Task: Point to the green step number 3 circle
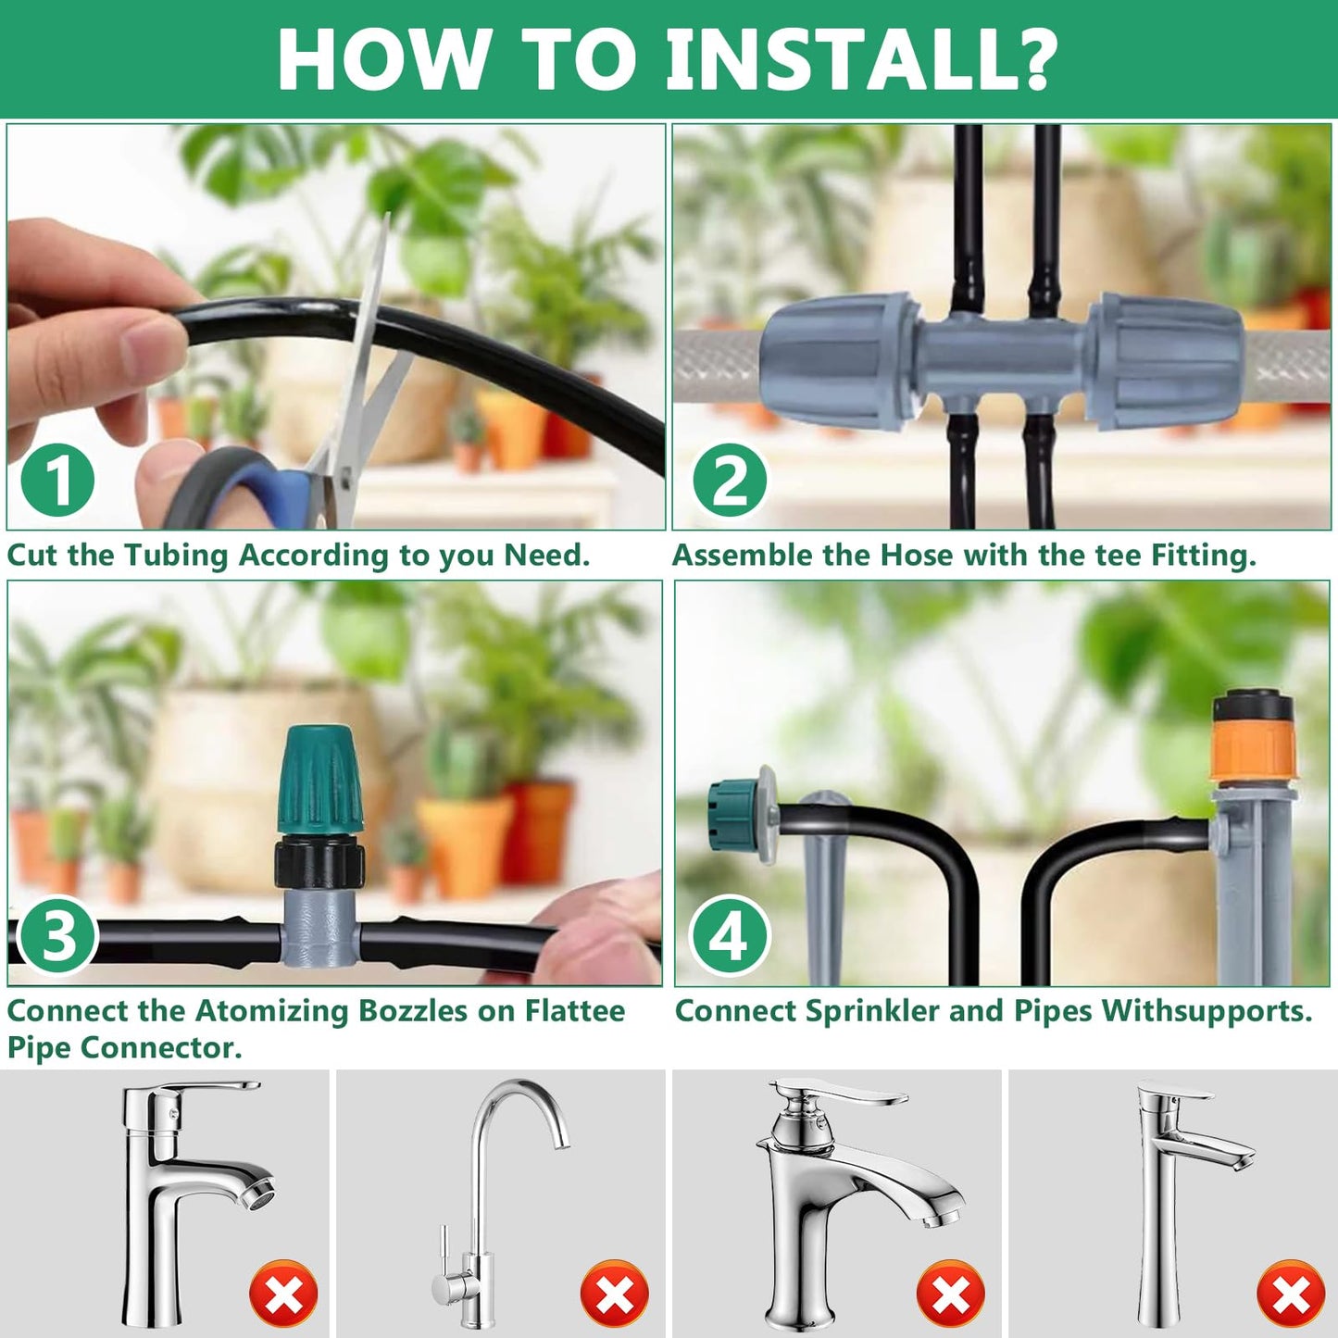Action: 58,935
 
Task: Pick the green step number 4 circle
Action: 729,935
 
